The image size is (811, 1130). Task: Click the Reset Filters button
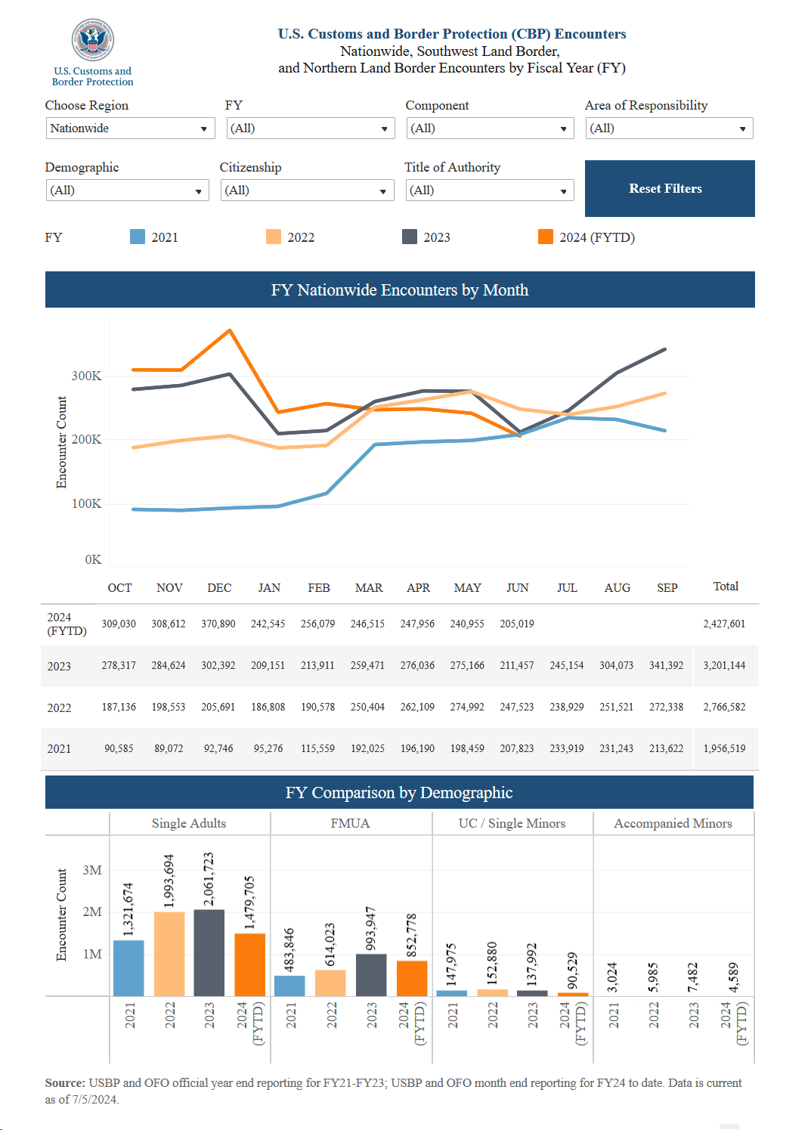669,188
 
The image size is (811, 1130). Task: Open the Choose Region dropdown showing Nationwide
130,128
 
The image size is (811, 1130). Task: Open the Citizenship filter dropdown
307,190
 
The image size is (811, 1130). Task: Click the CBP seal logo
92,40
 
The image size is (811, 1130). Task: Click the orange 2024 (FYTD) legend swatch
545,237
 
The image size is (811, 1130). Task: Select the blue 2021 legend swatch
138,237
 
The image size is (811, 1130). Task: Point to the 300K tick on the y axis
86,376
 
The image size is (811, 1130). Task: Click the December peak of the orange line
230,330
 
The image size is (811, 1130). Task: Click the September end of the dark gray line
665,349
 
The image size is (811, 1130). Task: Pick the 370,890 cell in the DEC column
218,624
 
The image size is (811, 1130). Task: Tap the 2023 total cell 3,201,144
724,665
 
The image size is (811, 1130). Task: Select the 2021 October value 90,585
119,748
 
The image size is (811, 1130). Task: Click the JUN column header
518,588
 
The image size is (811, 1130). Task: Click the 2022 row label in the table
59,707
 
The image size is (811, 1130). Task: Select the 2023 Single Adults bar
209,953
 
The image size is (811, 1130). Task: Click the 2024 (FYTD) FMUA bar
412,978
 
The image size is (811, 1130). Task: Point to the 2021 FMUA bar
289,986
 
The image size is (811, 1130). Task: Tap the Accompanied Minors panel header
673,823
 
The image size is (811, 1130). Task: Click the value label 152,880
492,963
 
